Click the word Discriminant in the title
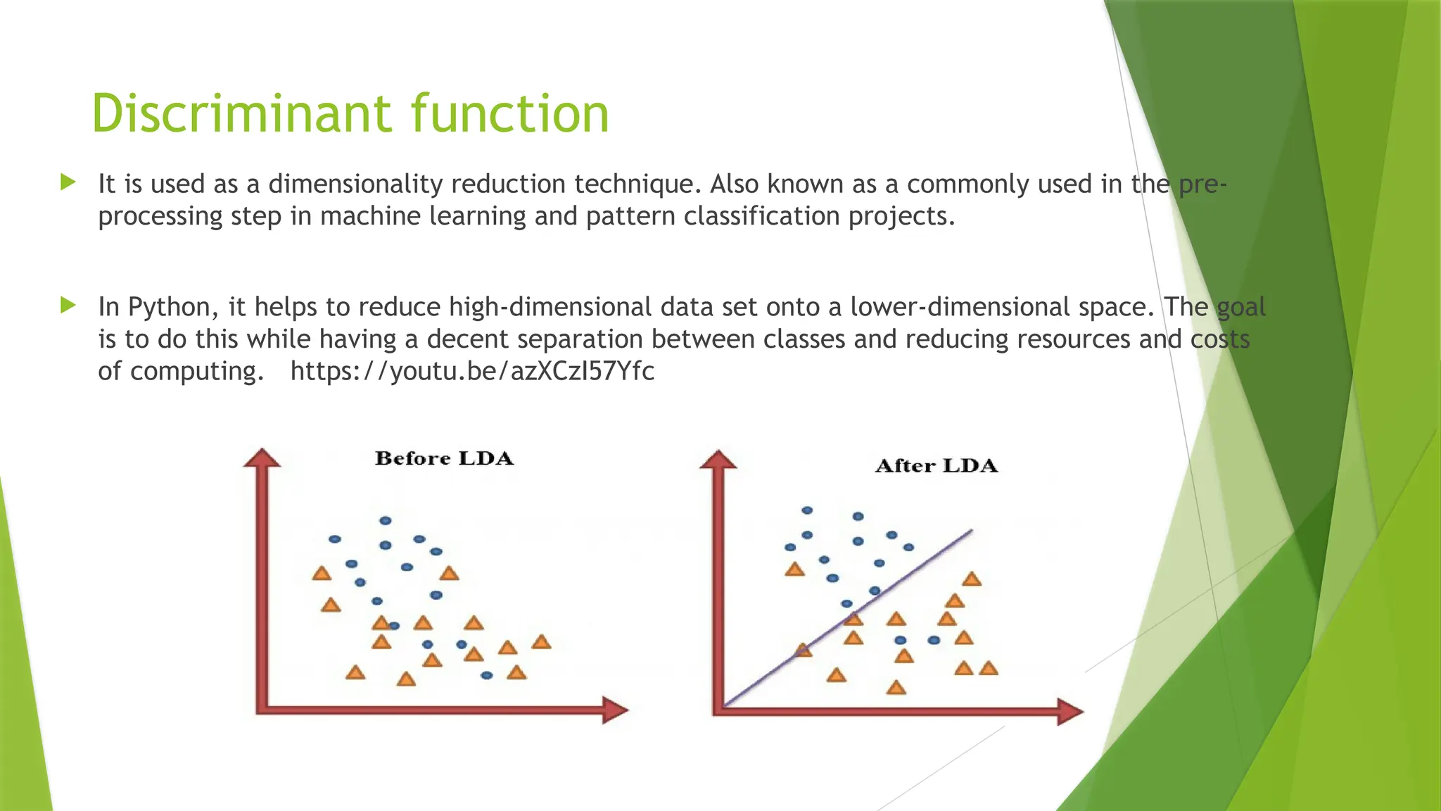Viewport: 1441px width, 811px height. click(x=240, y=113)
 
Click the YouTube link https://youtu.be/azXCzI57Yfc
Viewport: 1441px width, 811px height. click(x=472, y=370)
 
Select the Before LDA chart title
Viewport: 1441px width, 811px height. click(x=444, y=458)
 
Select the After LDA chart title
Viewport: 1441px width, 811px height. click(x=936, y=466)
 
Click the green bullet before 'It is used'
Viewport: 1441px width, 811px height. click(x=68, y=183)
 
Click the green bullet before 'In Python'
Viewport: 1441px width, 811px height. click(x=68, y=306)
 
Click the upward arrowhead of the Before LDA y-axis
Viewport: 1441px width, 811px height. click(x=262, y=458)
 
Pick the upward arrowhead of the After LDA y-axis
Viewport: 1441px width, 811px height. click(x=718, y=460)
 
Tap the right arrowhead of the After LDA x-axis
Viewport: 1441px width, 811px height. click(x=1069, y=712)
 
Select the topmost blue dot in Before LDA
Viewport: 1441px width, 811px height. click(x=385, y=521)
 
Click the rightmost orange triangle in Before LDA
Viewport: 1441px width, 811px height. click(x=541, y=642)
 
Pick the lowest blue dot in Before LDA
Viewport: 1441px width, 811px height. click(x=487, y=675)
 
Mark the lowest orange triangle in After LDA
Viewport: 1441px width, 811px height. click(x=896, y=687)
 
